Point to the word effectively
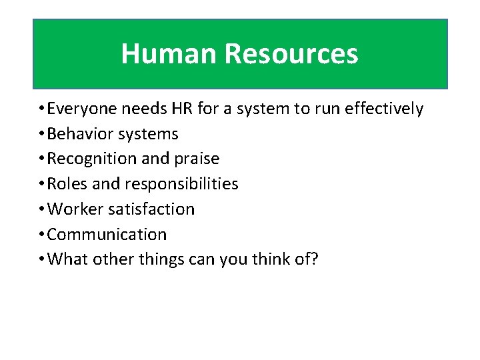coord(384,109)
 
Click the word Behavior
coord(81,134)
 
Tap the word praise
coord(196,159)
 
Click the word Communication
coord(107,234)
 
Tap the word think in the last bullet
coord(265,259)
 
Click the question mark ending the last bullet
coord(315,259)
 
